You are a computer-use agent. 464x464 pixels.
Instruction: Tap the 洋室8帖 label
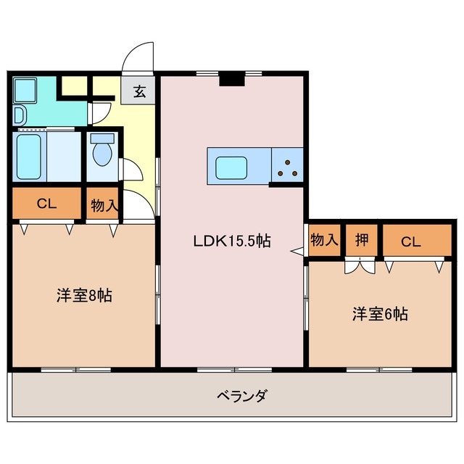click(85, 296)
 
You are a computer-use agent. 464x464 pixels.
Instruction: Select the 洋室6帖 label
click(380, 314)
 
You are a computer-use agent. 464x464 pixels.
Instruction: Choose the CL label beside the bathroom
click(46, 204)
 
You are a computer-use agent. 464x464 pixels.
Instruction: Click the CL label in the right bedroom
click(411, 241)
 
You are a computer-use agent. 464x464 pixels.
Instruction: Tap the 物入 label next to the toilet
click(104, 206)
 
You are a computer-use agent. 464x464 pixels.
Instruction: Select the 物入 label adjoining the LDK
click(324, 240)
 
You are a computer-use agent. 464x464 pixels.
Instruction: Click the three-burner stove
click(289, 167)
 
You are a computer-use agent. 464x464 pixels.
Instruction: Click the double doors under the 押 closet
click(360, 266)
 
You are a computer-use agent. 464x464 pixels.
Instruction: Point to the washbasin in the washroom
click(19, 115)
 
